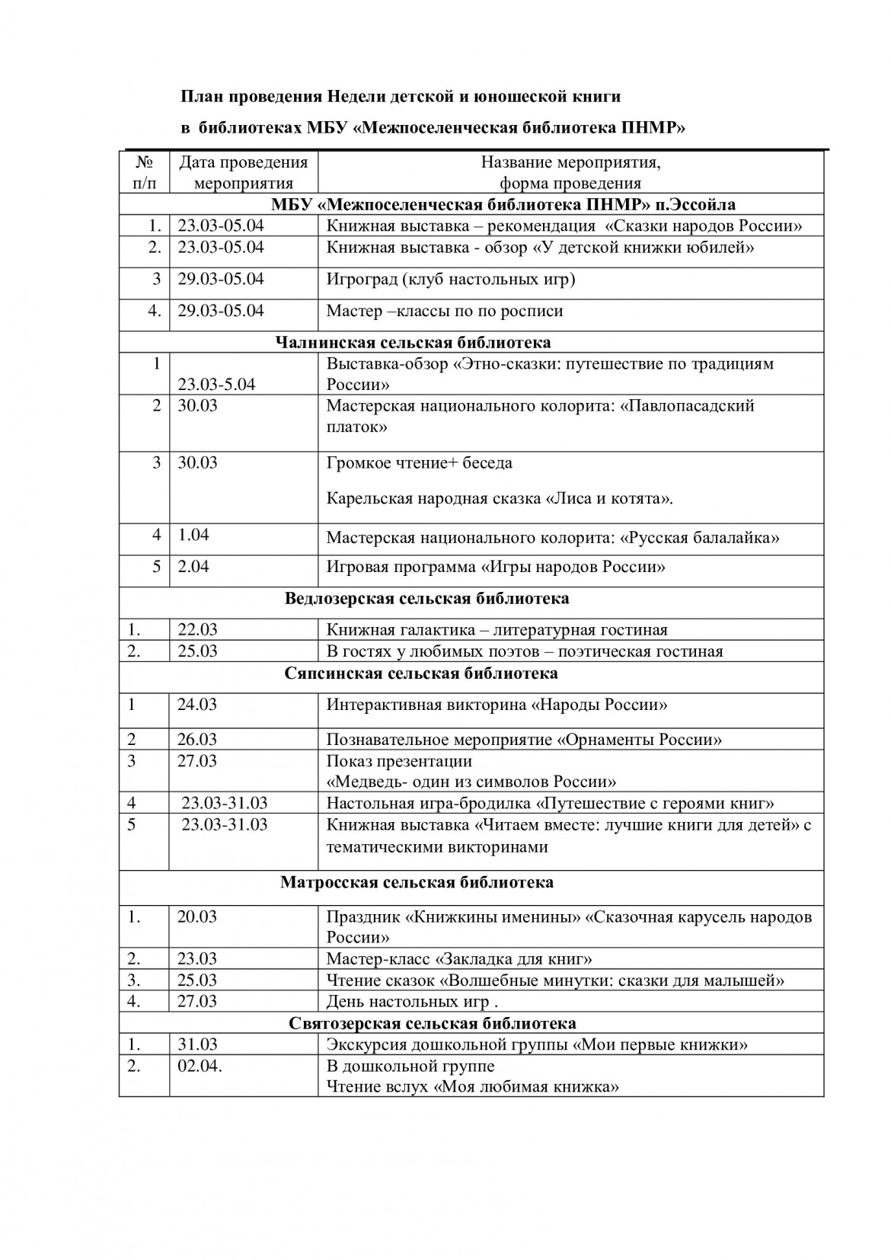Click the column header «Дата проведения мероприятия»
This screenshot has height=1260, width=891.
click(x=243, y=172)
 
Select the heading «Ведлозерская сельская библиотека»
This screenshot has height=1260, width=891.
click(x=426, y=598)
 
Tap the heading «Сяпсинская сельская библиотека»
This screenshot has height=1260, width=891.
click(x=421, y=673)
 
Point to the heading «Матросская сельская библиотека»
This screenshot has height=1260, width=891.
click(x=417, y=883)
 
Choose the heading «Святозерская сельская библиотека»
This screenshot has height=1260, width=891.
click(x=433, y=1023)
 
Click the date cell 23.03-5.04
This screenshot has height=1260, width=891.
click(x=216, y=384)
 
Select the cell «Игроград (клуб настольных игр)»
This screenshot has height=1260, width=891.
click(x=451, y=279)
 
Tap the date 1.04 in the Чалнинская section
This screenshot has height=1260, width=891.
click(x=193, y=535)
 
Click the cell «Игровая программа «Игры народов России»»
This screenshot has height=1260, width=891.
click(x=496, y=567)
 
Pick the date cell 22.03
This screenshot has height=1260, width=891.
click(x=197, y=629)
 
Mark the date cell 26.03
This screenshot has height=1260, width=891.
click(x=197, y=740)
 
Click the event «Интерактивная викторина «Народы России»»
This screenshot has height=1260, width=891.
click(x=497, y=705)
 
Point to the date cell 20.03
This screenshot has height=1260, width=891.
click(x=197, y=916)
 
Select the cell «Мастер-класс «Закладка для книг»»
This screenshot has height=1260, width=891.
click(x=459, y=959)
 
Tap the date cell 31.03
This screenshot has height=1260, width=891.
click(x=197, y=1044)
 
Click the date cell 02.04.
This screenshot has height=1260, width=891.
click(x=200, y=1066)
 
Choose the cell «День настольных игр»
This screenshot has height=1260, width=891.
click(x=412, y=1002)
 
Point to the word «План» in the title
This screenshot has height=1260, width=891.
click(x=200, y=97)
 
